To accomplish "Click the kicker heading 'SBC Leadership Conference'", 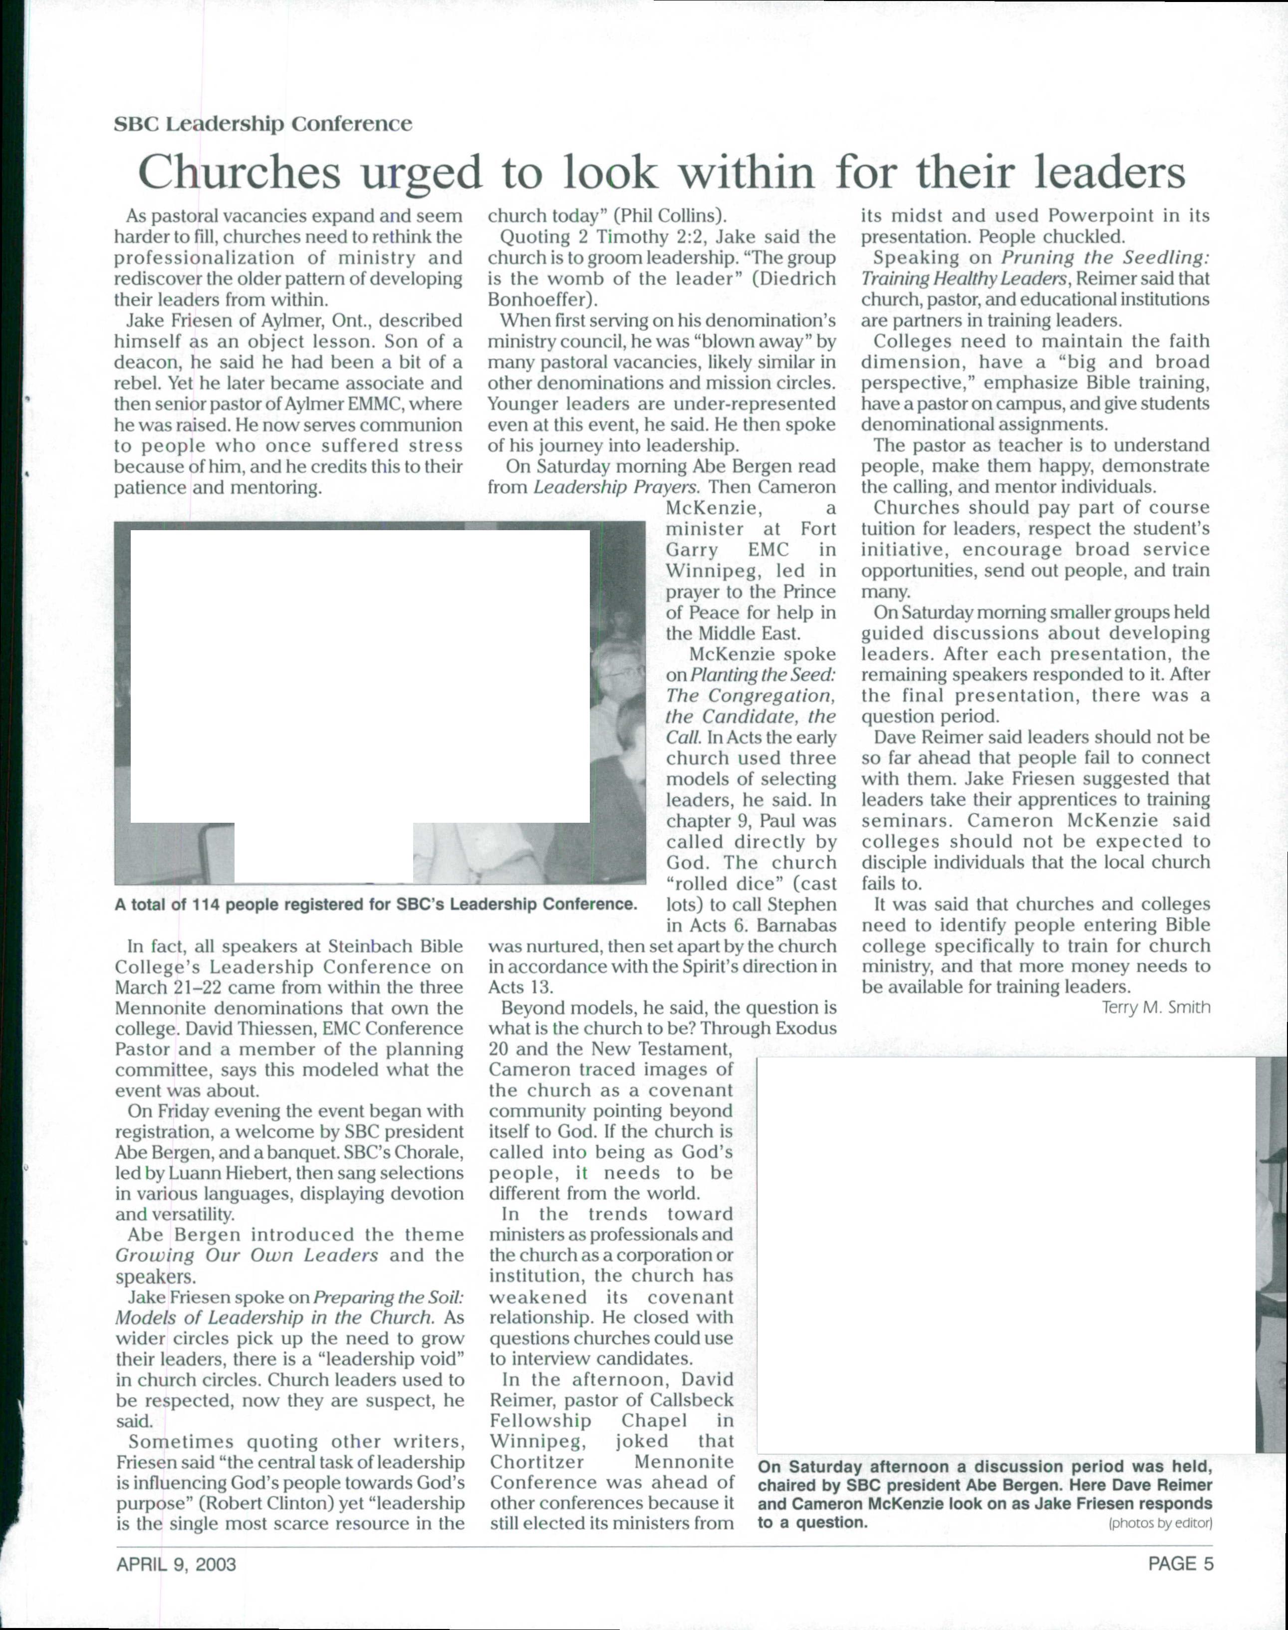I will [x=262, y=124].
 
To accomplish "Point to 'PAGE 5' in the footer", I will [x=1180, y=1565].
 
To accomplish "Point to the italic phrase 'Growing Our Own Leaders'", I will [x=247, y=1256].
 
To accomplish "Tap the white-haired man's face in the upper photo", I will [x=615, y=664].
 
